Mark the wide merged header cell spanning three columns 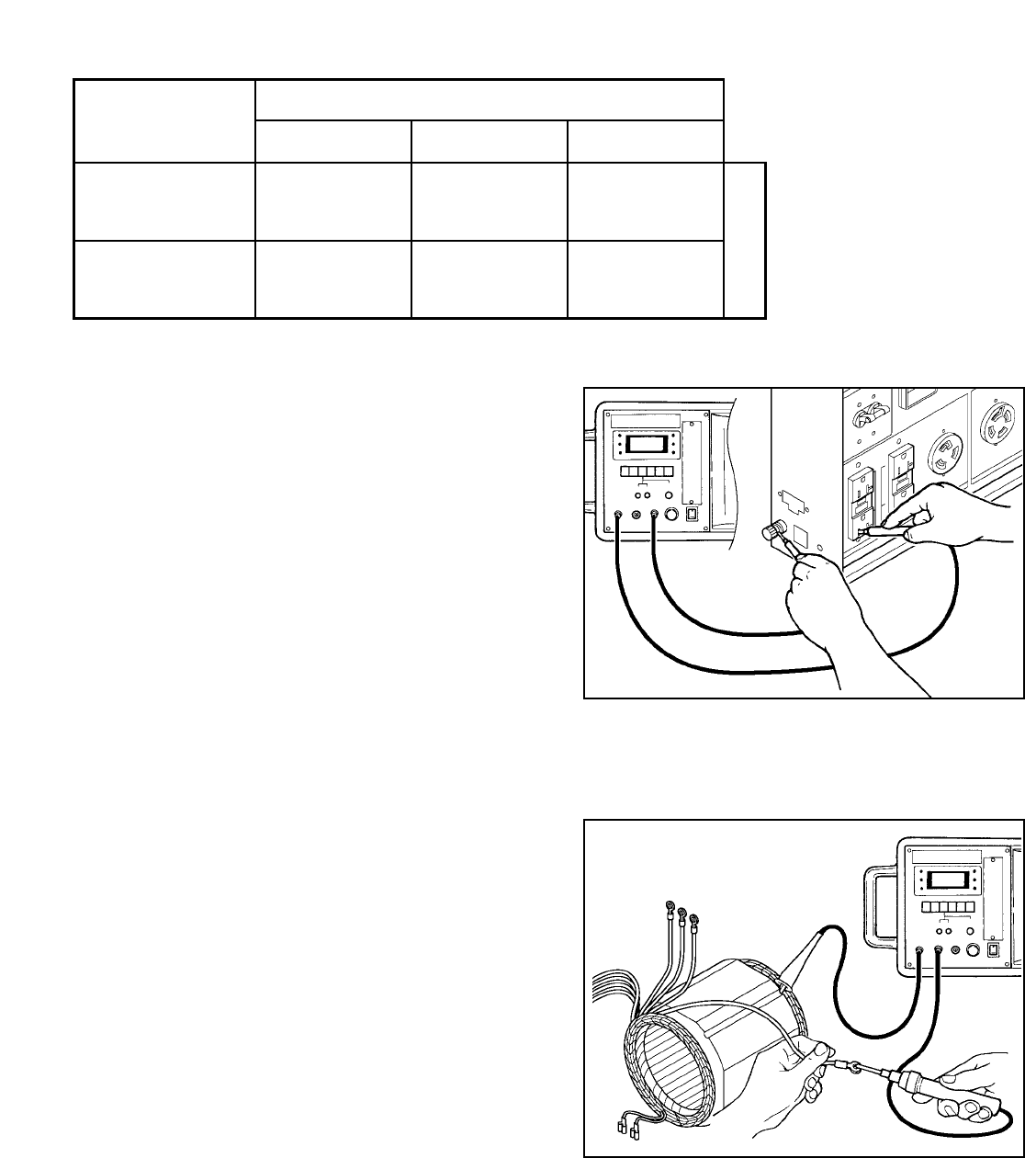489,99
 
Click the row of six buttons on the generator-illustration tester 647,471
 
